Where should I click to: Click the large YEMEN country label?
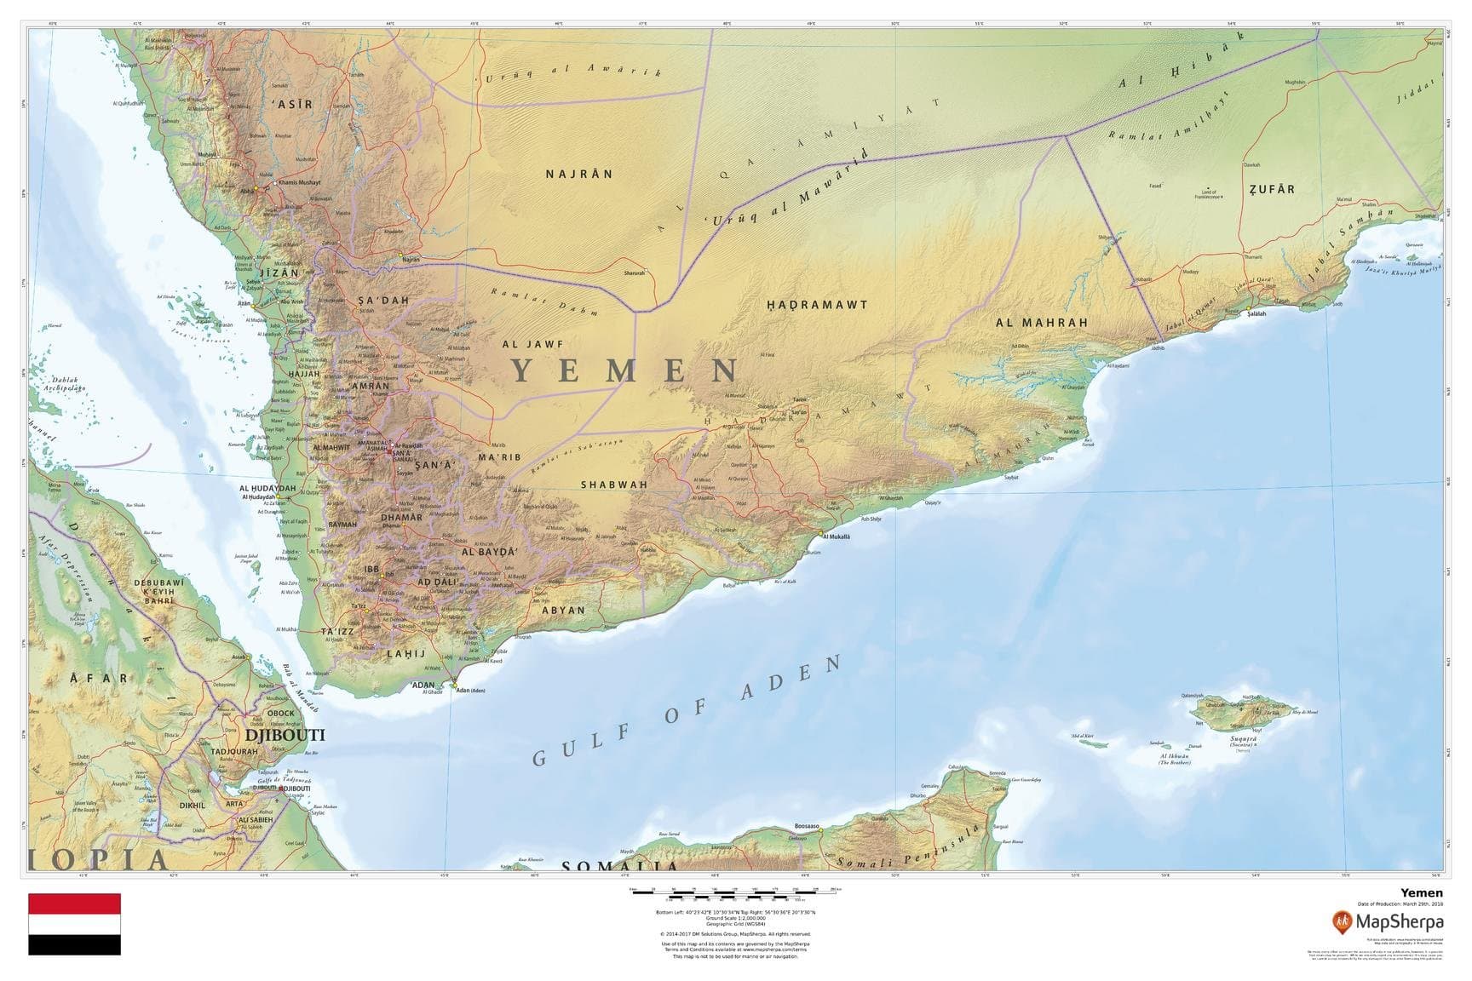click(x=626, y=371)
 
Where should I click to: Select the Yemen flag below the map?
click(x=74, y=924)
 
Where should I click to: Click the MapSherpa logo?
click(x=1388, y=921)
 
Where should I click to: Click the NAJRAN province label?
click(x=578, y=174)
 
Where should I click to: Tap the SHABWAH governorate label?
click(x=613, y=485)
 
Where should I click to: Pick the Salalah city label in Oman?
click(x=1256, y=314)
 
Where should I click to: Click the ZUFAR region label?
click(x=1271, y=189)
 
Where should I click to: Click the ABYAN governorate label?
click(x=563, y=610)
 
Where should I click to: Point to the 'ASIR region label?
click(x=291, y=104)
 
